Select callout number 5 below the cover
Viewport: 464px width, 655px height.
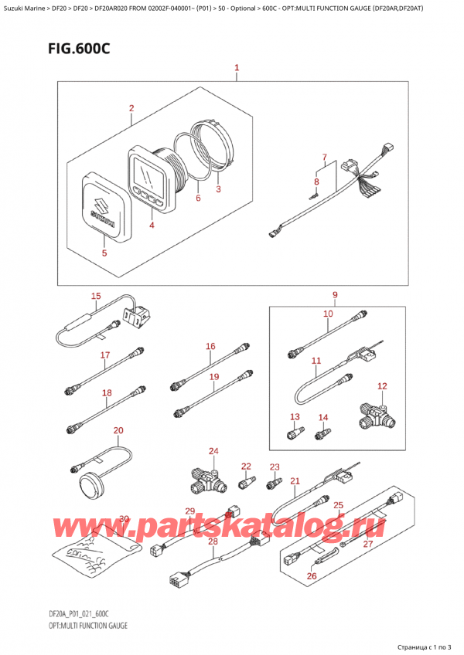[105, 252]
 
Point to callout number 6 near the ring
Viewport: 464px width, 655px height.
[198, 199]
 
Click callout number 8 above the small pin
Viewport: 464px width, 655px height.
[316, 182]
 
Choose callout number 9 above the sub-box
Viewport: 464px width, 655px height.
[335, 294]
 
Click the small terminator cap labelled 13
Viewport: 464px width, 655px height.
[294, 433]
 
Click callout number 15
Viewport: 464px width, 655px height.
[96, 296]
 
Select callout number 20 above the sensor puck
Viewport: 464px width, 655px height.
[118, 430]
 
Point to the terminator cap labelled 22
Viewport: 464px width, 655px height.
[246, 484]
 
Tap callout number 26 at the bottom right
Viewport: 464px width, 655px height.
[312, 575]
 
